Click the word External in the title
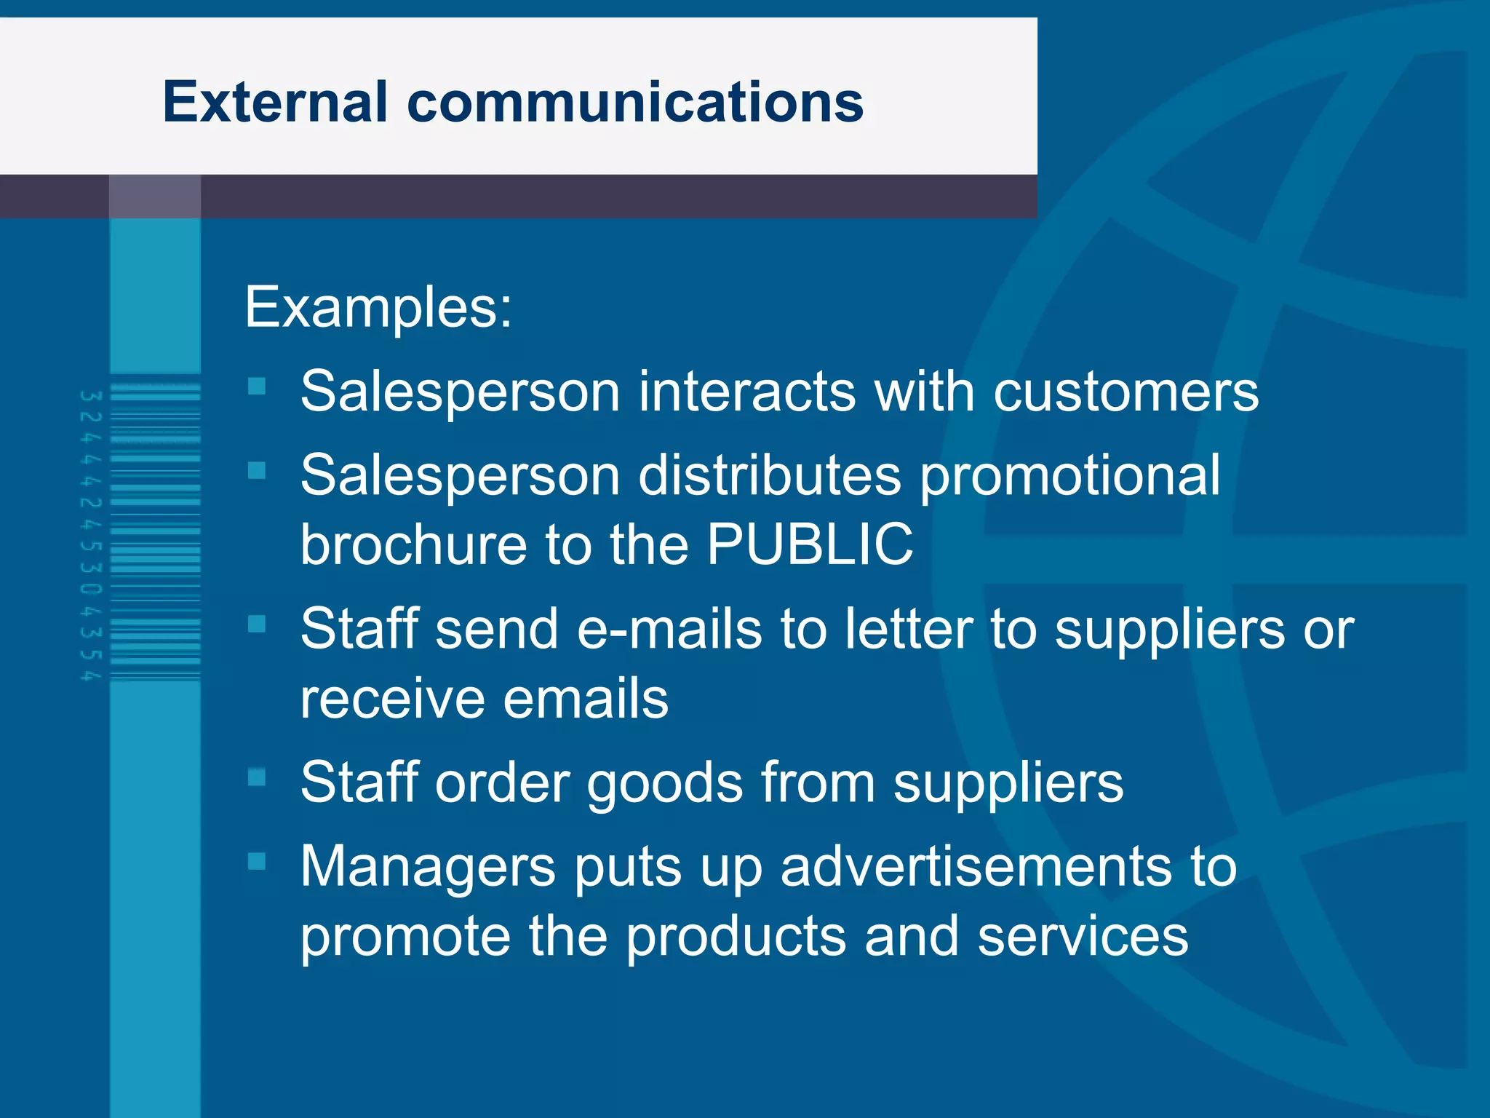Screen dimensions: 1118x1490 coord(275,102)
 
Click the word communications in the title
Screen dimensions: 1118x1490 coord(635,102)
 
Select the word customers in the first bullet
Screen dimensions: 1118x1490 coord(1126,392)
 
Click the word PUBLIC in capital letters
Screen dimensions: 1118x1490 coord(810,544)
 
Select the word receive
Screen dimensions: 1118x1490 coord(392,698)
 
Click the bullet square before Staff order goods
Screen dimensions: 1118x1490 coord(257,777)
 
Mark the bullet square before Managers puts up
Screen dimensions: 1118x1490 coord(257,861)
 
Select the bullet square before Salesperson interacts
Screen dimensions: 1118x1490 coord(257,385)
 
